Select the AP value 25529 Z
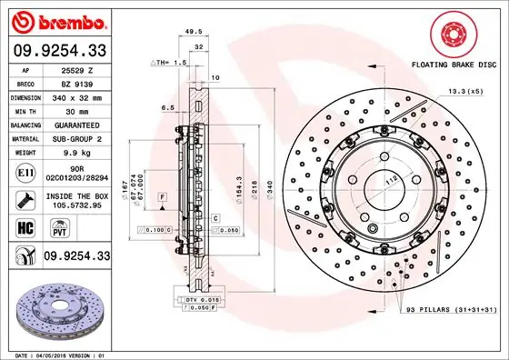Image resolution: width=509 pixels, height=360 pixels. [78, 69]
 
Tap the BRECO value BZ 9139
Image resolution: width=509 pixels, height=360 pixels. [78, 82]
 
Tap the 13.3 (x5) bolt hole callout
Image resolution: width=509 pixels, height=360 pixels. [464, 91]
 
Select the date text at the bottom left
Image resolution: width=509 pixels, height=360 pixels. [56, 353]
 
